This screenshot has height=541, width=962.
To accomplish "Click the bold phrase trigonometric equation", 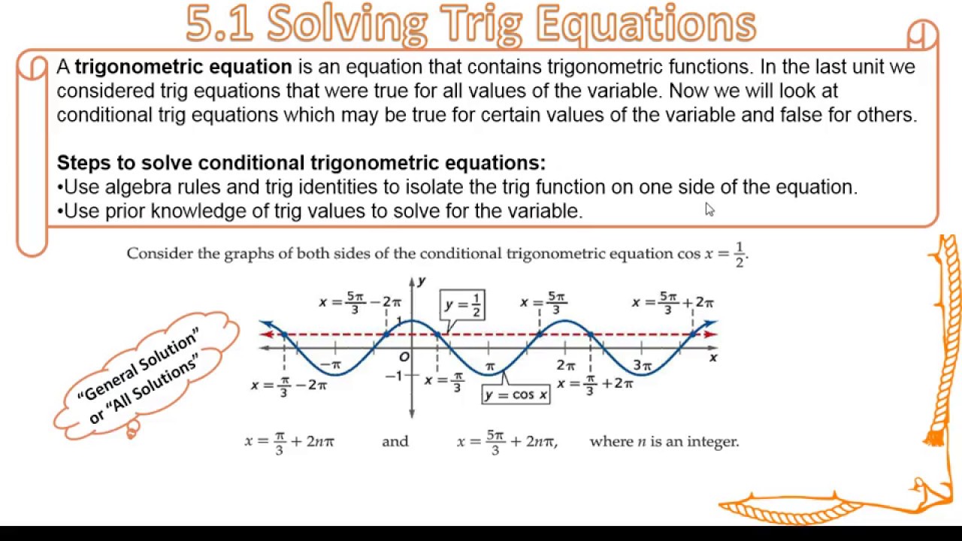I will pyautogui.click(x=183, y=67).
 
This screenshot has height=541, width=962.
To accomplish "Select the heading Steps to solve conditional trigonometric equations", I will pyautogui.click(x=301, y=163).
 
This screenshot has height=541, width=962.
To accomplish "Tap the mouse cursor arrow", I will pyautogui.click(x=709, y=210).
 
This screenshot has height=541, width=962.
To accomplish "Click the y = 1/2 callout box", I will pyautogui.click(x=462, y=304).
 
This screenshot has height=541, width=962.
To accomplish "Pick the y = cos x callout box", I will pyautogui.click(x=516, y=394).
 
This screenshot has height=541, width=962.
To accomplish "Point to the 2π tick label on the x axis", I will pyautogui.click(x=566, y=366).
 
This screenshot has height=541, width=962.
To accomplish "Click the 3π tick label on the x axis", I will pyautogui.click(x=642, y=366).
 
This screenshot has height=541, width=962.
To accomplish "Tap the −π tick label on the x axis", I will pyautogui.click(x=331, y=366).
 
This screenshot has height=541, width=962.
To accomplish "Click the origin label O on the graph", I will pyautogui.click(x=404, y=357).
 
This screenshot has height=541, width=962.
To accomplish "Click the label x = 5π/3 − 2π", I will pyautogui.click(x=360, y=302).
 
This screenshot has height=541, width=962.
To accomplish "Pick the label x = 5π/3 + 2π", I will pyautogui.click(x=673, y=302).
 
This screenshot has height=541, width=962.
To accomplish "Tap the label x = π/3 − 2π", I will pyautogui.click(x=289, y=385).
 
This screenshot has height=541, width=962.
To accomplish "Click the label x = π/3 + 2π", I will pyautogui.click(x=595, y=383).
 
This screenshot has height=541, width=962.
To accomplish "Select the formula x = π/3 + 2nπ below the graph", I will pyautogui.click(x=289, y=442).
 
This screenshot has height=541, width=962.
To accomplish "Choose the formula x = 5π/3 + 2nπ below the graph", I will pyautogui.click(x=507, y=442).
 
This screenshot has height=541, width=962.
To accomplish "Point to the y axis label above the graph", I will pyautogui.click(x=422, y=281).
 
